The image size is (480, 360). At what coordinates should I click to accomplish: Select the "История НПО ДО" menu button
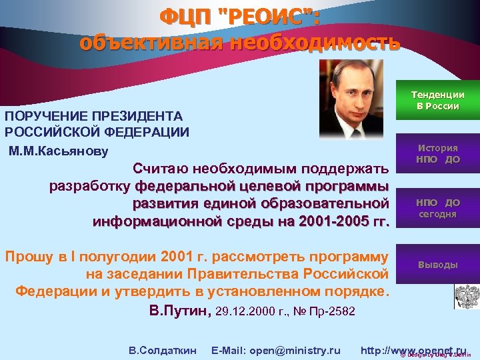pos(437,154)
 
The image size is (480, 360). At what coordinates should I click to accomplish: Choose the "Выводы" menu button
pos(437,265)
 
